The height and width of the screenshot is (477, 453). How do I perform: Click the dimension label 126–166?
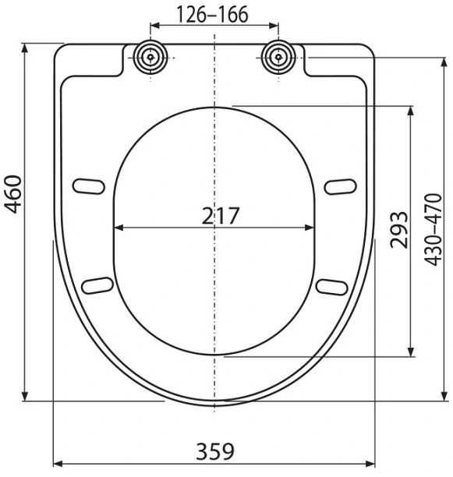pyautogui.click(x=212, y=14)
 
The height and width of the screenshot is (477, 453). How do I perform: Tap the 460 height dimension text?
pyautogui.click(x=12, y=194)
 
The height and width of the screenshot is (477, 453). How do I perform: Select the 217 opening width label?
pyautogui.click(x=221, y=216)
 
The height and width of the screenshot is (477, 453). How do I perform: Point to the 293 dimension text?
pyautogui.click(x=399, y=230)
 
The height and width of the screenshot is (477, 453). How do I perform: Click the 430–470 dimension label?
pyautogui.click(x=433, y=230)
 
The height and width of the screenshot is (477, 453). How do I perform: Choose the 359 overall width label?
pyautogui.click(x=215, y=451)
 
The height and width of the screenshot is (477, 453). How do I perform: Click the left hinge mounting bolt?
pyautogui.click(x=150, y=57)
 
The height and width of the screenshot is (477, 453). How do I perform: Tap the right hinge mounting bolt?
pyautogui.click(x=278, y=57)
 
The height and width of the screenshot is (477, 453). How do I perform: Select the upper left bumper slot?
pyautogui.click(x=89, y=186)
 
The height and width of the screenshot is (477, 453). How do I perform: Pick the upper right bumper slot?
pyautogui.click(x=340, y=186)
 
